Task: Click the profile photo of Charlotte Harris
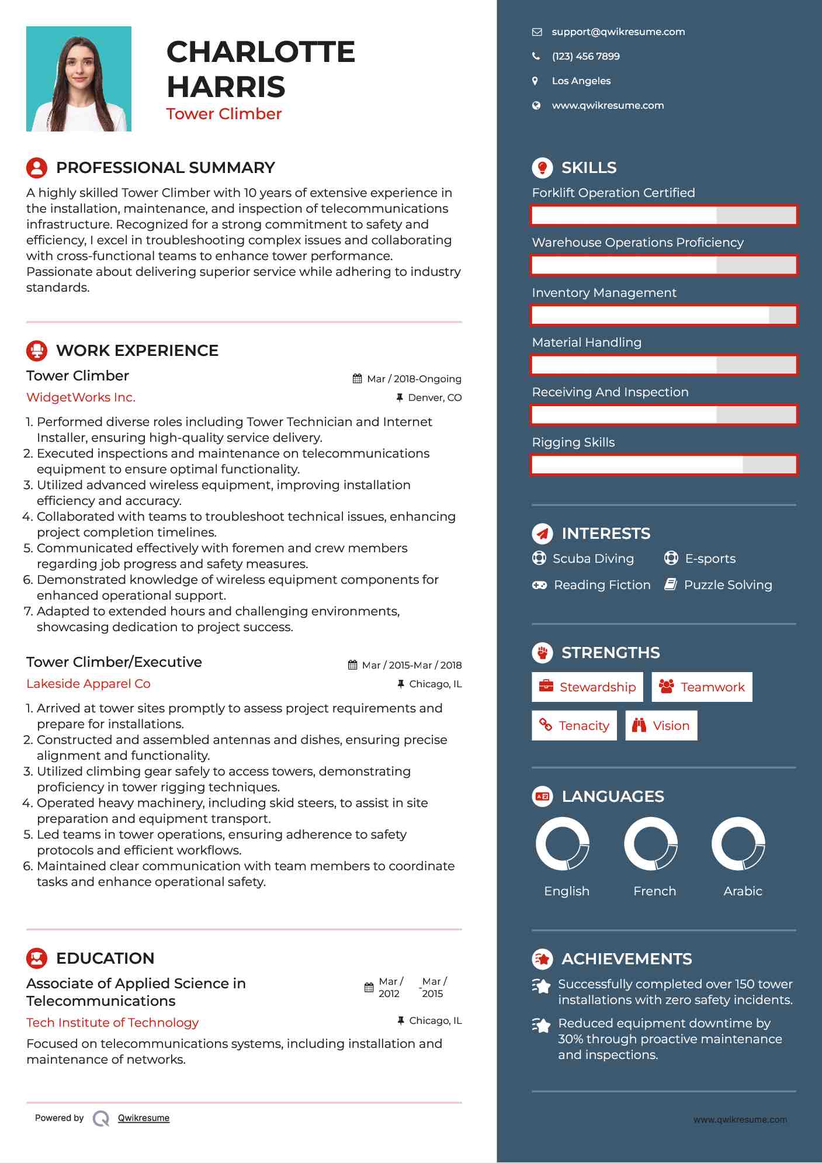tap(79, 79)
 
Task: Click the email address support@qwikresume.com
tap(618, 32)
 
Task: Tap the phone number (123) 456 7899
tap(585, 57)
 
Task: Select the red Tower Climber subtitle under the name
tap(224, 114)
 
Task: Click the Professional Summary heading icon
tap(37, 168)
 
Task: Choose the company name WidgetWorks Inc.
tap(81, 397)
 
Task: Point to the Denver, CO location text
tap(435, 398)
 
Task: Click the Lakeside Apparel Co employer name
tap(88, 684)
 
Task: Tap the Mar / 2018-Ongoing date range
tap(414, 379)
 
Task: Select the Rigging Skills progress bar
tap(664, 465)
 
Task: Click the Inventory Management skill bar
tap(664, 316)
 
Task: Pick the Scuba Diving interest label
tap(593, 559)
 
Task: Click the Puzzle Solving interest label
tap(728, 585)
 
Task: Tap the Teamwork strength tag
tap(702, 687)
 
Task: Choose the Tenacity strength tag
tap(574, 726)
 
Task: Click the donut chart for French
tap(651, 844)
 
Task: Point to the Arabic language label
tap(743, 891)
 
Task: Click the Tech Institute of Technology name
tap(113, 1023)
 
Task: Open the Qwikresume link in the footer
tap(144, 1118)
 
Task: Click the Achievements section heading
tap(626, 959)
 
